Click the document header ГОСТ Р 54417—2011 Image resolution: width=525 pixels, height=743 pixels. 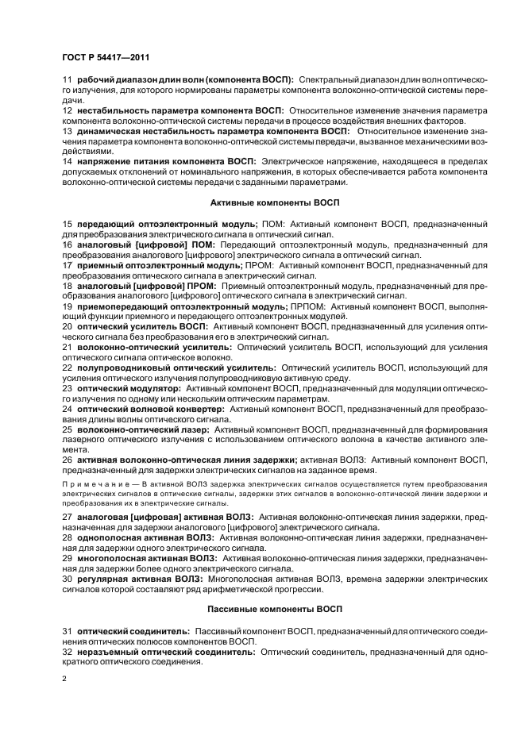(105, 58)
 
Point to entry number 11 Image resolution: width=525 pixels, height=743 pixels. (67, 80)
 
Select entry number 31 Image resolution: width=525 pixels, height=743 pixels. (67, 630)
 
